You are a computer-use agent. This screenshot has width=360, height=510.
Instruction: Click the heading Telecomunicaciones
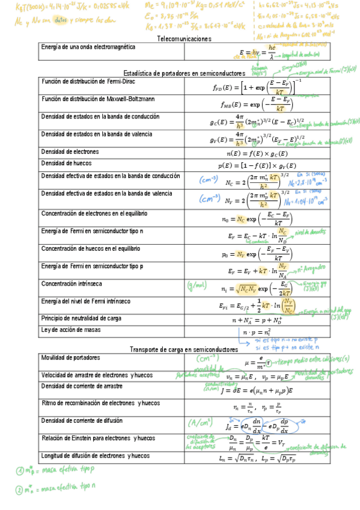pyautogui.click(x=184, y=38)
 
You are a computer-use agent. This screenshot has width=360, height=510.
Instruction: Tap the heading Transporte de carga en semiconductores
pyautogui.click(x=184, y=349)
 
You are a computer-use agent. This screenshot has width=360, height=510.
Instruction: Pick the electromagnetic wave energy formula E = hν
pyautogui.click(x=257, y=52)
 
